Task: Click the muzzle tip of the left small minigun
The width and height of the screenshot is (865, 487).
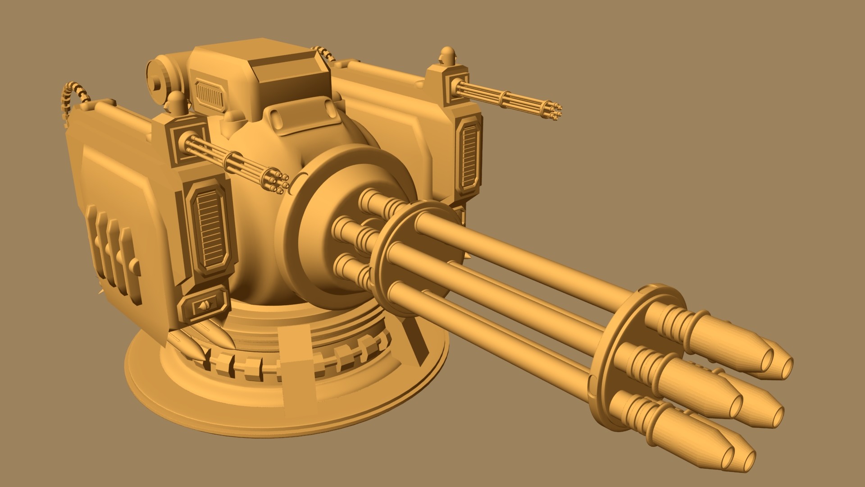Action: [281, 180]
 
